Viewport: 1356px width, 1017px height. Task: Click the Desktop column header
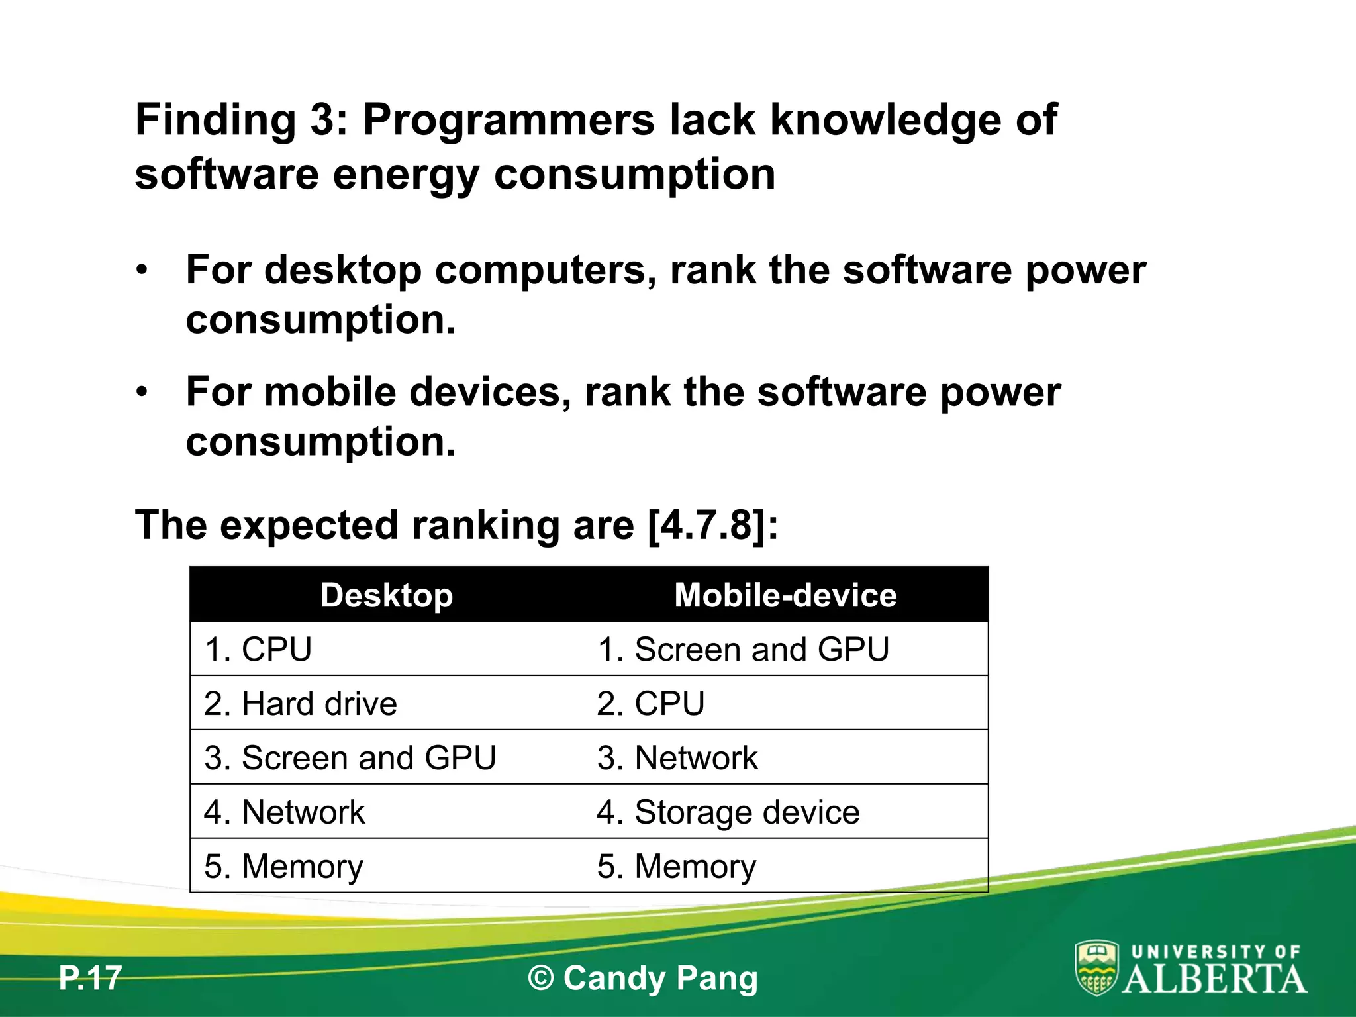pos(387,595)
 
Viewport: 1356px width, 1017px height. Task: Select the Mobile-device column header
pos(785,595)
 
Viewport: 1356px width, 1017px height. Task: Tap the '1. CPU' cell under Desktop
pos(258,650)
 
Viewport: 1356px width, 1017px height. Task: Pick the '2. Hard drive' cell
pos(301,704)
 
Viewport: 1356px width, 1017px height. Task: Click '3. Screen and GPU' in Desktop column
pos(350,758)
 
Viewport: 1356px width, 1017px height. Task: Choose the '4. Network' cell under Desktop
pos(285,812)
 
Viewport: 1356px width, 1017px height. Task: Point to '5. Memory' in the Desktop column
pos(284,867)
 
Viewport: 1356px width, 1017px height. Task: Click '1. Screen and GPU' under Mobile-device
pos(743,650)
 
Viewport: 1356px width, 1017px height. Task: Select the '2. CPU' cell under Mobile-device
pos(651,704)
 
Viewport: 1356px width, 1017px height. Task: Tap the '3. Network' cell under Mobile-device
pos(677,758)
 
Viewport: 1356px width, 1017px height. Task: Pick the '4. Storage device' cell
pos(728,812)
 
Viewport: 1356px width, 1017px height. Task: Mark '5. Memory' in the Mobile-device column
pos(677,867)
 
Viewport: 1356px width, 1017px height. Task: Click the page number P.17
pos(90,978)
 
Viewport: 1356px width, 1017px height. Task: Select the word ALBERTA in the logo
pos(1215,979)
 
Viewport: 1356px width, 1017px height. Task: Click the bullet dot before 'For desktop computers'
pos(142,271)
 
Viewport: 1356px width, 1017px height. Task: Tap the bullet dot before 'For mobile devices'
pos(142,393)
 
